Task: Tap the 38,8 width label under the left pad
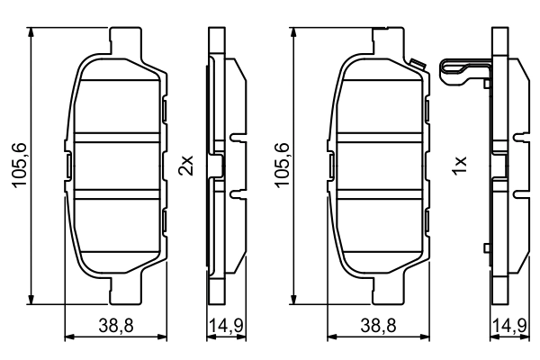point(115,329)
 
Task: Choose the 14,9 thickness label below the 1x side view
point(506,329)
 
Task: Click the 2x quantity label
point(186,166)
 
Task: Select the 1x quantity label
point(460,166)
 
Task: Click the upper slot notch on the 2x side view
point(236,139)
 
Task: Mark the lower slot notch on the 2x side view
point(236,193)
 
